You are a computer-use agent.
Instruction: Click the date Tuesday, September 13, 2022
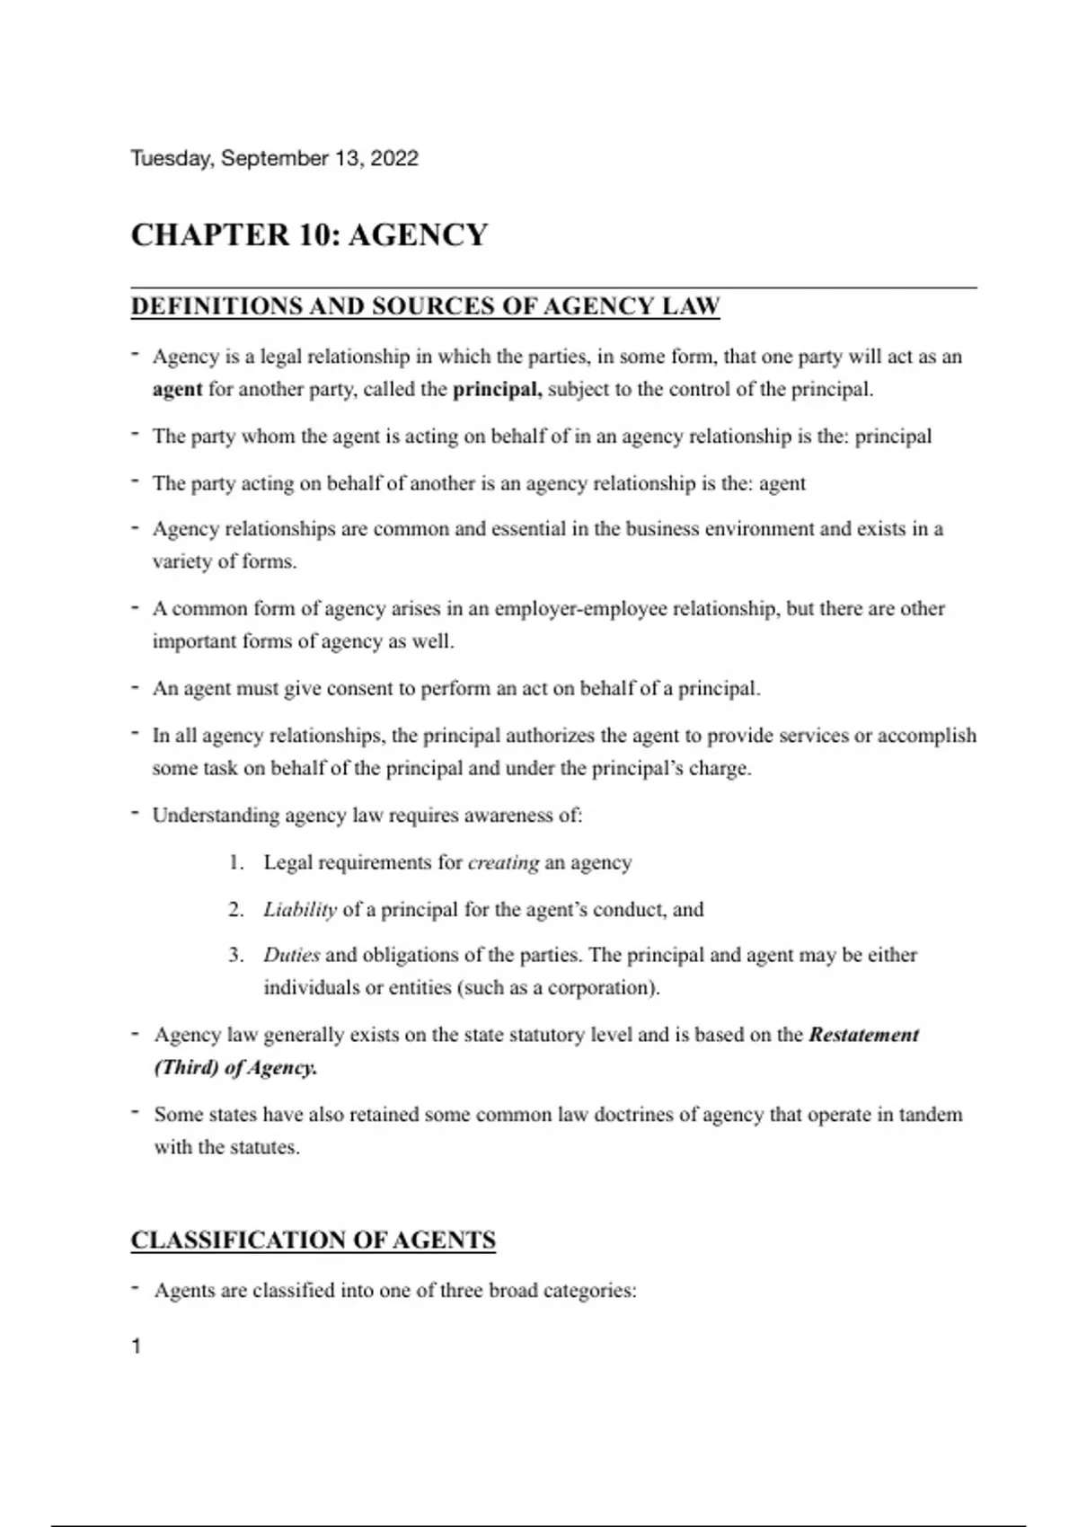(x=274, y=159)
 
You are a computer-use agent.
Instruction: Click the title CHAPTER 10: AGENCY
(x=309, y=235)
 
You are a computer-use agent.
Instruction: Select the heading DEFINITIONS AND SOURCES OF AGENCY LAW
(x=425, y=306)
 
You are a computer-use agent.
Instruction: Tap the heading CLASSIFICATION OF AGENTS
(x=313, y=1240)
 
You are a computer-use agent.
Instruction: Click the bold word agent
(x=177, y=390)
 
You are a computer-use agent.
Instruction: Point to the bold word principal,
(x=497, y=390)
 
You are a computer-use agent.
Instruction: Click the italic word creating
(x=503, y=863)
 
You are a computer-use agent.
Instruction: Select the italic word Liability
(x=300, y=910)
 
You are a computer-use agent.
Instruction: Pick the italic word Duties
(x=291, y=955)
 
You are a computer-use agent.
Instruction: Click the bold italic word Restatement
(x=863, y=1035)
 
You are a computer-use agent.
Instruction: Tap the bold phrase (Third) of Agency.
(x=235, y=1068)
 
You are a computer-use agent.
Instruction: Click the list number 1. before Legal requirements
(x=236, y=863)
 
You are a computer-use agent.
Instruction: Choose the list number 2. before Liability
(x=236, y=910)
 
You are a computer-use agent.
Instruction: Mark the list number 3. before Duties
(x=236, y=955)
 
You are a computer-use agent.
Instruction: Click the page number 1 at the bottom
(x=137, y=1346)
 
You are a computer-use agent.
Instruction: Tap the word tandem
(x=929, y=1115)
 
